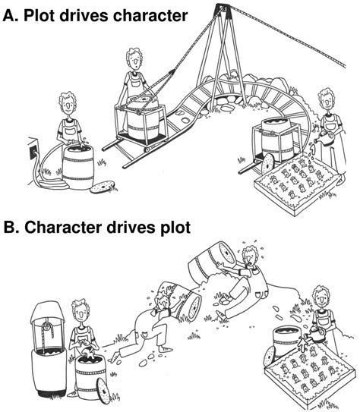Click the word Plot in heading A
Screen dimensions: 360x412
pos(39,16)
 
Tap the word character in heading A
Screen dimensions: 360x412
pos(150,16)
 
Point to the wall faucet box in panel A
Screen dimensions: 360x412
pos(33,149)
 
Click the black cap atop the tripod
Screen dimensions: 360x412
pos(223,9)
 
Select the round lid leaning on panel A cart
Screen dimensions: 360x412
pos(267,164)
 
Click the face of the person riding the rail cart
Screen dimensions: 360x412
pos(135,62)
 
